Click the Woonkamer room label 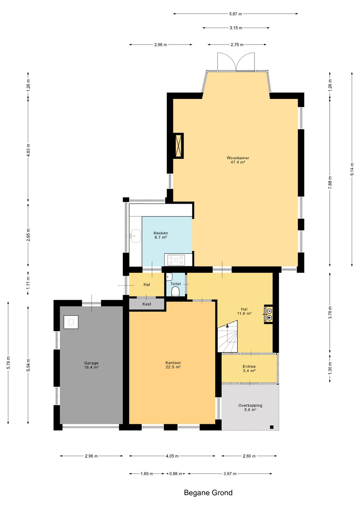[x=238, y=158]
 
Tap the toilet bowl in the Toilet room [x=176, y=292]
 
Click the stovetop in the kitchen [x=176, y=260]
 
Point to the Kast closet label [x=147, y=304]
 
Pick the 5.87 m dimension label [x=236, y=14]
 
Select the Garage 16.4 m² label [x=91, y=365]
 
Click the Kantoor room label [x=173, y=363]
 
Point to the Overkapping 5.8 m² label [x=250, y=407]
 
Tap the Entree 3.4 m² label [x=249, y=368]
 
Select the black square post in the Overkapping [x=271, y=427]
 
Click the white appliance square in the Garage [x=71, y=322]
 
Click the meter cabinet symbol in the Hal [x=268, y=314]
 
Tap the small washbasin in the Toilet [x=169, y=277]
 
